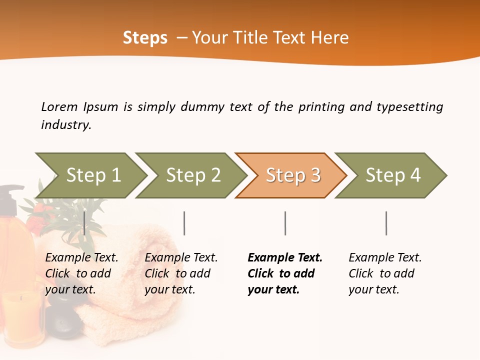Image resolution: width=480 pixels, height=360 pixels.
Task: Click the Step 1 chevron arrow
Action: point(93,175)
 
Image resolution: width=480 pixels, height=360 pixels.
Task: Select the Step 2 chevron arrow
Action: point(193,175)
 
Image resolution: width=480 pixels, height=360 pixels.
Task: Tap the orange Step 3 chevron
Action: point(292,175)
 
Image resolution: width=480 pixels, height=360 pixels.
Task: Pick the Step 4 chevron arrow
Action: point(392,175)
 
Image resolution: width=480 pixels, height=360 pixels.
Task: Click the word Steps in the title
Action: point(145,38)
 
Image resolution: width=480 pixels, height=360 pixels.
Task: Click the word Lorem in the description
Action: point(59,106)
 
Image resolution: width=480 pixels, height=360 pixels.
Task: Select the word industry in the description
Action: point(65,125)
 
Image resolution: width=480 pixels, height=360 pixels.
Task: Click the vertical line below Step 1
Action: point(84,223)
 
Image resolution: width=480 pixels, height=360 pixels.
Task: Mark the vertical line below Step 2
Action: point(184,223)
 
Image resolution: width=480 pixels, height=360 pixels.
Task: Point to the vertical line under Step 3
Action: point(285,223)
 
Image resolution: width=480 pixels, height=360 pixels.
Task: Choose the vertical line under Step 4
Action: point(386,223)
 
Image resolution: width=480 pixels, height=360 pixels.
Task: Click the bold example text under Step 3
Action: point(284,273)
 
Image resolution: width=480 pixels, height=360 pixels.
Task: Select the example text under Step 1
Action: point(81,273)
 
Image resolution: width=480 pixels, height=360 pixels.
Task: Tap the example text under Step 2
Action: point(181,273)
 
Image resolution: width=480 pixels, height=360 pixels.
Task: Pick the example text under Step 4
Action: point(385,273)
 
